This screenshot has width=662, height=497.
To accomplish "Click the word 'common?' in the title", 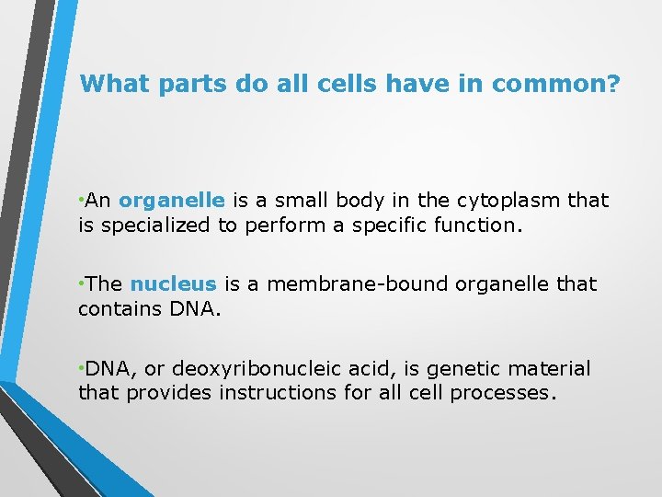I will (557, 85).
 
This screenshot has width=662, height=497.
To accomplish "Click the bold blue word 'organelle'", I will (172, 201).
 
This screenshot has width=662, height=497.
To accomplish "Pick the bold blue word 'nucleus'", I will (173, 284).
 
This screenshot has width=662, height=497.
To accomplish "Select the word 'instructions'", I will (280, 393).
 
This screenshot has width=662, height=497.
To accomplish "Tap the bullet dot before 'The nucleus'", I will (82, 283).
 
